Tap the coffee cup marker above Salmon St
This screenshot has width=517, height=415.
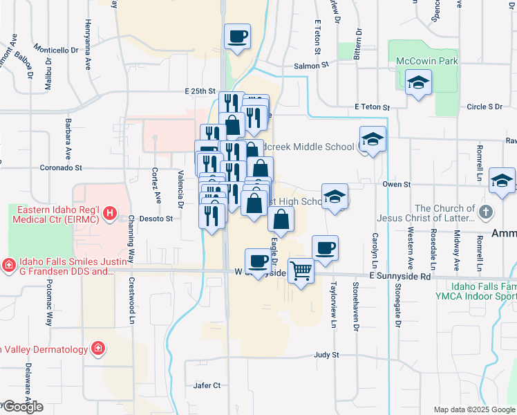coord(237,36)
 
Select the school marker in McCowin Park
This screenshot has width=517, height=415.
coord(418,84)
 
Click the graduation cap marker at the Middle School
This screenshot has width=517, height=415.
coord(373,140)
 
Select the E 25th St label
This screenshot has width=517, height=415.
coord(200,91)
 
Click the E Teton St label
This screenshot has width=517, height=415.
coord(372,107)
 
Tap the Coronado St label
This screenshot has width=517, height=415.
coord(60,167)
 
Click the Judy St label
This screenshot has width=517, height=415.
coord(326,355)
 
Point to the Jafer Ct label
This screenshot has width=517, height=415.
coord(207,385)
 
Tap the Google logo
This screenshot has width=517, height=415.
coord(22,407)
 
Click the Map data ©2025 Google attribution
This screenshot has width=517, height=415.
coord(474,409)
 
